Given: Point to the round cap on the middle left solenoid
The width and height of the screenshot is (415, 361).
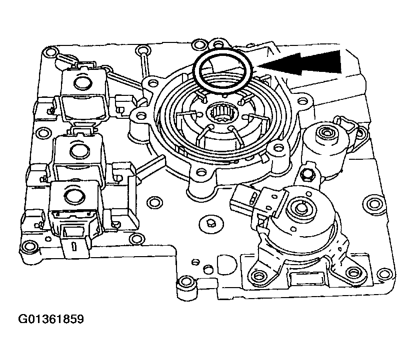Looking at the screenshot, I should coord(77,148).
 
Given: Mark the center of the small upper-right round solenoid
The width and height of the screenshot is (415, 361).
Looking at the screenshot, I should coord(327,132).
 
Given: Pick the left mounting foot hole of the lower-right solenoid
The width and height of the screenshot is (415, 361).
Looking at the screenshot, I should coord(258,275).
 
